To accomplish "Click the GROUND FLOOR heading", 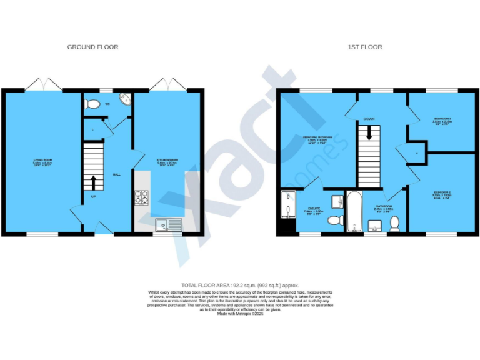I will coord(92,47).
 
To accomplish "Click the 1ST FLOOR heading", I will coord(365,47).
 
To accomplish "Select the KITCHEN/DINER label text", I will coord(167,160).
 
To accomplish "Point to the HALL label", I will coord(116,175).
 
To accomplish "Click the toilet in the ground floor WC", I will coord(92,104).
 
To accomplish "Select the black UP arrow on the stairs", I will coord(94,182).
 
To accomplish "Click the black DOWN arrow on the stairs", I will coord(369,132).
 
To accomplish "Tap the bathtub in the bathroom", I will coord(354,211).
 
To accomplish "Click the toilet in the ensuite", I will coord(335,220).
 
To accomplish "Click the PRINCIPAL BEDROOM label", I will coord(317,137).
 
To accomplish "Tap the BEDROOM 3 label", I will coord(442,118).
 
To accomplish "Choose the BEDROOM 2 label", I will coord(442,193).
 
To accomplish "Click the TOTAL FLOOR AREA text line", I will coord(240,284).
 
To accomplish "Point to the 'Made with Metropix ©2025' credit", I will coord(240,314).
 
